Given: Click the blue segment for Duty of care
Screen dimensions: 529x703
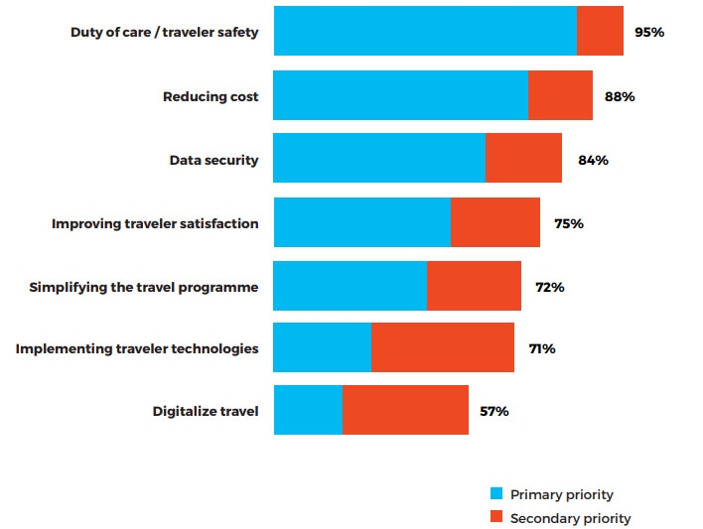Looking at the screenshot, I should pos(425,31).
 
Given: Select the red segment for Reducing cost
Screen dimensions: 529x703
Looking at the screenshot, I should pos(560,95).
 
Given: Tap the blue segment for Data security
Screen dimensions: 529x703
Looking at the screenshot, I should pos(379,159).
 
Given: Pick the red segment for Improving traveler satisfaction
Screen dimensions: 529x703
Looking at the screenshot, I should pos(495,222).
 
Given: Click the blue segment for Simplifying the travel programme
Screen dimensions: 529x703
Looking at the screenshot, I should pos(350,286).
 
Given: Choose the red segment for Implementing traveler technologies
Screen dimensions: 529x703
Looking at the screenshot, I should pos(443,347).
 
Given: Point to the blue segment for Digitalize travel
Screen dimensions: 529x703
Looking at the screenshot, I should pos(308,410).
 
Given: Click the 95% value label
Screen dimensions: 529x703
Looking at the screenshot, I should pos(649,32).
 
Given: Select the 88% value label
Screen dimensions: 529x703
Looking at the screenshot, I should pos(620,96).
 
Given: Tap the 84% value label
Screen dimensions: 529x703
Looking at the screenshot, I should pos(593,160).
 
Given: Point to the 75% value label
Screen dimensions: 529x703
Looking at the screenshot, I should pos(569,223).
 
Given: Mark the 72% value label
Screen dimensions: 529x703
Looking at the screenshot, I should pos(550,287).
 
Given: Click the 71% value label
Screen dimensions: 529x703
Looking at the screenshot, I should pos(542,348).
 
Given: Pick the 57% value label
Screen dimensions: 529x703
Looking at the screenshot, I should pos(494,411).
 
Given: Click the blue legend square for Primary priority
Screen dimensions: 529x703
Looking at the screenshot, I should pos(497,494).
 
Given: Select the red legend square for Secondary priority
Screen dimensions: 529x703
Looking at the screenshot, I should pos(497,517).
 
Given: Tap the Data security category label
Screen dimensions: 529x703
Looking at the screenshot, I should pos(213,160).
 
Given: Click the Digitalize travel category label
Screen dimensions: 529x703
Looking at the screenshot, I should pos(206,411).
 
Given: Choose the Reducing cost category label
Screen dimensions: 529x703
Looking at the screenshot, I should pos(211,96).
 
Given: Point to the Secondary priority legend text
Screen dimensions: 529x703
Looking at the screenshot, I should pos(570,518).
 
